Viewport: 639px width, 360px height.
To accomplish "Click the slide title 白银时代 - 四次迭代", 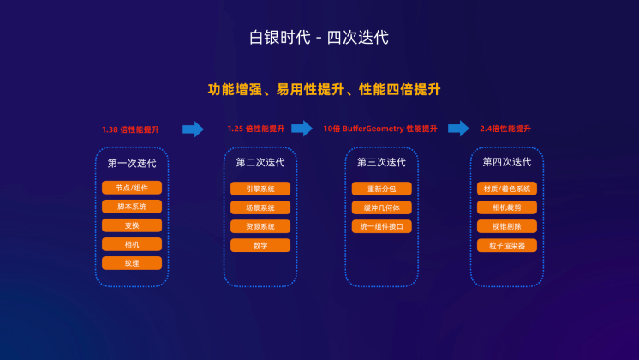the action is coord(319,38).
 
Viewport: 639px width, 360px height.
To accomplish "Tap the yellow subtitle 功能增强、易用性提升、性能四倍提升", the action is coord(324,89).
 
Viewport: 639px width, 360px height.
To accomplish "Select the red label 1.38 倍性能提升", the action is coord(130,129).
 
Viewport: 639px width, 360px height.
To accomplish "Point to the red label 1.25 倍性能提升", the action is coord(256,129).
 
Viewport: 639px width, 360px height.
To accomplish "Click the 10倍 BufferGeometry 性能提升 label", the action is coord(380,129).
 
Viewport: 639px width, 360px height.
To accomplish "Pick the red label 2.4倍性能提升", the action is coord(505,129).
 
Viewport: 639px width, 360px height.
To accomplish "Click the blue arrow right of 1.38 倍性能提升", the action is coord(194,129).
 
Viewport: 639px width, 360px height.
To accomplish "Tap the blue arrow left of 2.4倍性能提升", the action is coord(458,129).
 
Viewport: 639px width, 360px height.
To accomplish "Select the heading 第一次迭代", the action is coord(132,164).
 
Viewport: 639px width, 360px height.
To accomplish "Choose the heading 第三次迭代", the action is coord(381,162).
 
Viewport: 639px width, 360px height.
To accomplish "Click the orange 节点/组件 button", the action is coord(132,188).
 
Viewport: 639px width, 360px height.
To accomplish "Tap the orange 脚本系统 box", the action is coord(132,207).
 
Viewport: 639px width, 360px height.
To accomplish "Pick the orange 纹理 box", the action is coord(132,263).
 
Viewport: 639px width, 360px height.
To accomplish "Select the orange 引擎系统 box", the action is coord(260,189).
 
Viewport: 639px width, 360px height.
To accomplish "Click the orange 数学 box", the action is coord(260,245).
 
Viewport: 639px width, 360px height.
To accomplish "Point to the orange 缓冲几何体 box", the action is coord(382,207).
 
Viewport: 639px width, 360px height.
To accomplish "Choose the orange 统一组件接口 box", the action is coord(382,226).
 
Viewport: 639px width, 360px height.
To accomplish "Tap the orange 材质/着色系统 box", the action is coord(507,189).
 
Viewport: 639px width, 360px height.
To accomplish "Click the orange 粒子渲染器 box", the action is coord(507,245).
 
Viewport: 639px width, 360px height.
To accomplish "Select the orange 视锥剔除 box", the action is coord(507,226).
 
